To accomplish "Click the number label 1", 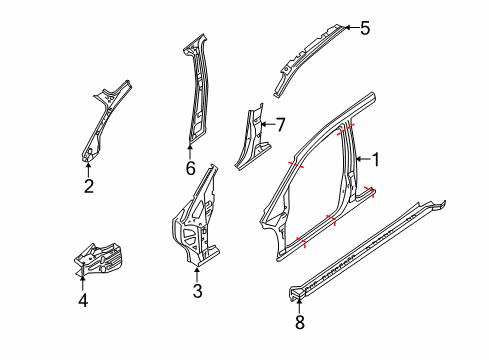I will point(377,158).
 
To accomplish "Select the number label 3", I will point(197,291).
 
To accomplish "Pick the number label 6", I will point(190,168).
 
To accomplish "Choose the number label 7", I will point(281,125).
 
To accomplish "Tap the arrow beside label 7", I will point(267,125).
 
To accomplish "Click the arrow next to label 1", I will point(362,158).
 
